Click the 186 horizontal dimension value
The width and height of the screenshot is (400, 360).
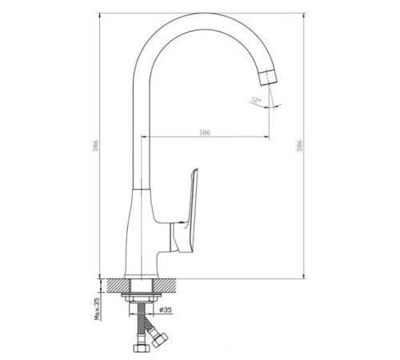(x=206, y=131)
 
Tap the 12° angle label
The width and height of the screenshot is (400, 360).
(x=255, y=100)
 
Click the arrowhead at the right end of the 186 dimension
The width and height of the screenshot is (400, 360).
(x=267, y=138)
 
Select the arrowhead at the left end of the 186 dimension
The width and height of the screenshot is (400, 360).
(x=144, y=138)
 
